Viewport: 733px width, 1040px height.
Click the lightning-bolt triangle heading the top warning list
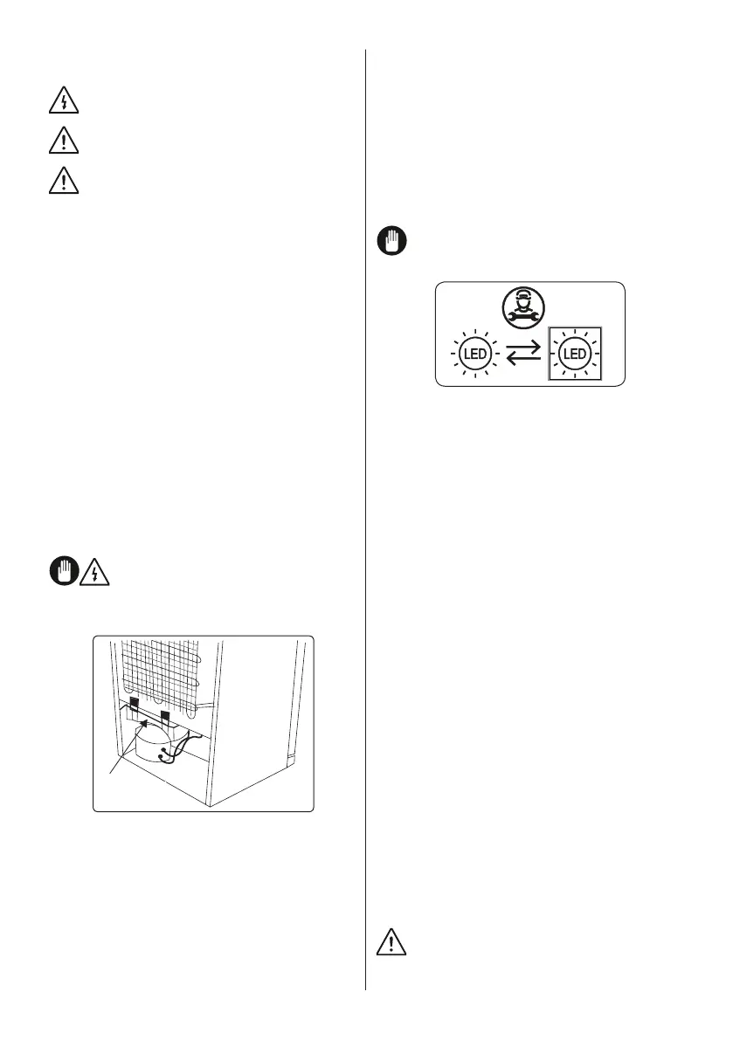tap(64, 101)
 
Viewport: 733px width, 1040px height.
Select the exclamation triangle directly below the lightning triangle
tap(64, 141)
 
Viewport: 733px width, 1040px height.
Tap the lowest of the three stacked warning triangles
tap(64, 181)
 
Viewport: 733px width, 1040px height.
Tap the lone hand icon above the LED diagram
tap(393, 241)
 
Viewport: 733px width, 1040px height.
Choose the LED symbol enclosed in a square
tap(574, 355)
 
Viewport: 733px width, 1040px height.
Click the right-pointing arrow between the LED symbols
tap(524, 348)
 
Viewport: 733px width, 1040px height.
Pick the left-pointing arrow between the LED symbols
tap(524, 361)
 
